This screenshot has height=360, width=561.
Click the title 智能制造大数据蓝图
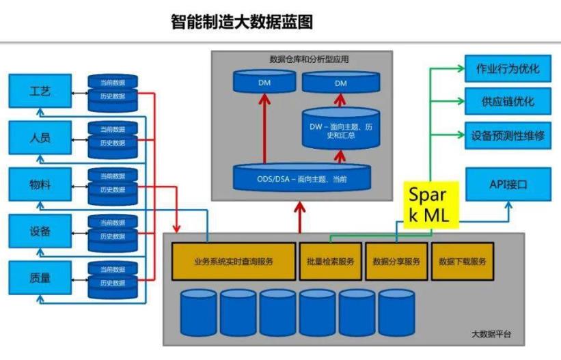241,22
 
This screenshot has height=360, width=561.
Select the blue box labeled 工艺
40,91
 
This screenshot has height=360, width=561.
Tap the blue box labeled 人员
40,137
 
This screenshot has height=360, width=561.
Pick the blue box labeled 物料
40,184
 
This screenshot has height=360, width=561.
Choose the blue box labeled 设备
40,231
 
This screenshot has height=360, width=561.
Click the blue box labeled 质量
40,277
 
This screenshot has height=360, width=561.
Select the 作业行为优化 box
508,68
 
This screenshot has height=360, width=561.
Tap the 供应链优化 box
508,102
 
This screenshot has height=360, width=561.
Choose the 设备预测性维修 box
508,135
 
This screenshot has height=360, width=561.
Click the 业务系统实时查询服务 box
233,261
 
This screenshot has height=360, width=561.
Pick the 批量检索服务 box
331,261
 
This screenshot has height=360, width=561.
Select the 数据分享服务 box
396,261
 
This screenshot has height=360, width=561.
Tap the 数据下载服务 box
462,261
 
